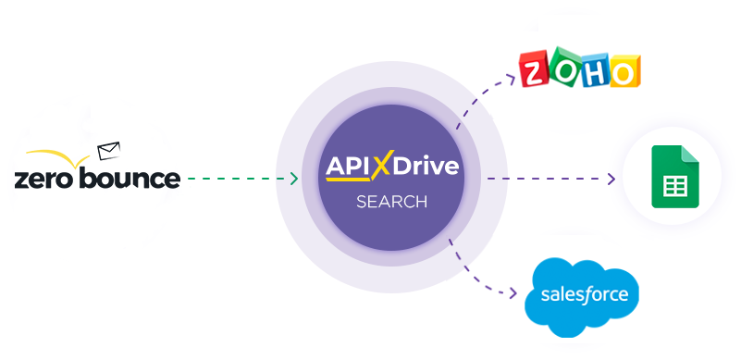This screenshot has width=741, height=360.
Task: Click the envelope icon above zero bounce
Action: pos(109,149)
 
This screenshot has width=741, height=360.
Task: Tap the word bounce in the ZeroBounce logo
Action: pos(132,177)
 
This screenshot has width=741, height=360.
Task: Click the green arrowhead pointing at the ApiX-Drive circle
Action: pos(294,178)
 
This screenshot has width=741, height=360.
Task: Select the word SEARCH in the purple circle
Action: pos(391,201)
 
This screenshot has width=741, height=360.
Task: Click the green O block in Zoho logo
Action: pos(564,72)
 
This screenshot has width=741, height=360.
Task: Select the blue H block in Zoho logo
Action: pos(595,72)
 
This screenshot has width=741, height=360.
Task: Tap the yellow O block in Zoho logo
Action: pos(624,72)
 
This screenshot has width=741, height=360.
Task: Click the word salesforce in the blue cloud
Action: pos(584,295)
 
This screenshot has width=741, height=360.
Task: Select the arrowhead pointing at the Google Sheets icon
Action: pos(611,178)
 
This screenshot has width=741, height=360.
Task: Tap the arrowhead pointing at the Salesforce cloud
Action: pos(513,294)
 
